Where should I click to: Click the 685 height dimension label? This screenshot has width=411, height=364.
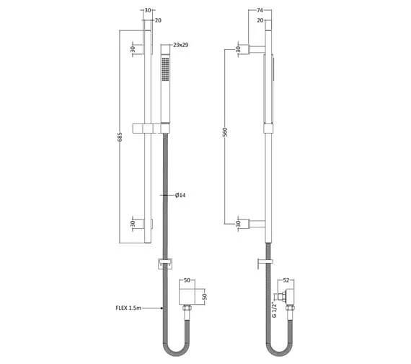[x=120, y=136]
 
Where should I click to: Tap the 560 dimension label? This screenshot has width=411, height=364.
[x=225, y=132]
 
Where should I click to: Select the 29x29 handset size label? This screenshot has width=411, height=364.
[x=180, y=45]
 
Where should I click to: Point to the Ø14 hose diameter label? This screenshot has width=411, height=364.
[x=180, y=195]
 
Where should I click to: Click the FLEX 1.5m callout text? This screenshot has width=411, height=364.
[x=128, y=308]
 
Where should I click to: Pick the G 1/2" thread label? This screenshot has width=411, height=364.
[x=274, y=310]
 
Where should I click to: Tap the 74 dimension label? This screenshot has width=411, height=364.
[x=260, y=10]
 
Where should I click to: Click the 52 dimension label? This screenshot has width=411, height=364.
[x=286, y=280]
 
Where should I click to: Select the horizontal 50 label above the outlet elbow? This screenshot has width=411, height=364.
[x=187, y=280]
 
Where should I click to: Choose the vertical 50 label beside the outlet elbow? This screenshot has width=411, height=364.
[x=205, y=297]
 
